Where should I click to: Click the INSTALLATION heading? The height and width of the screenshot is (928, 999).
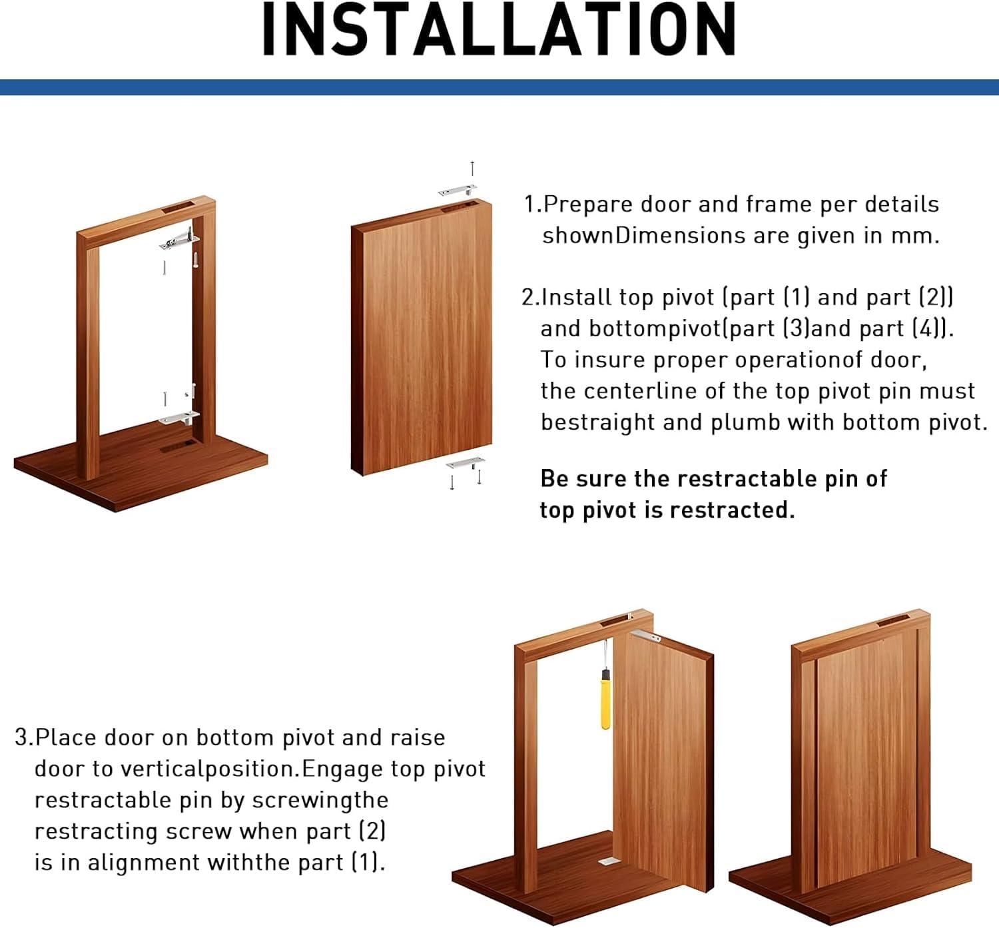pos(499,30)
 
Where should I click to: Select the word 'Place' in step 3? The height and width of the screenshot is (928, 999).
pos(66,737)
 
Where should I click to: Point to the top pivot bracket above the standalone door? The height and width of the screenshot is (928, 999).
pos(457,191)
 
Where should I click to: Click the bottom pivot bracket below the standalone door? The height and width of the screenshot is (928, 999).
pos(464,462)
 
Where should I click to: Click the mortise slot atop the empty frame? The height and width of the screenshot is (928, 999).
pos(179,206)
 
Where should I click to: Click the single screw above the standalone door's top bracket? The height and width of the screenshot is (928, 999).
pos(472,169)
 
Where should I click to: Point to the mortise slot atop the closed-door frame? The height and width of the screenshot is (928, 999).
pos(894,622)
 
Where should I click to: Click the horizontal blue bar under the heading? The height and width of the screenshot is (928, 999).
pos(499,87)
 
